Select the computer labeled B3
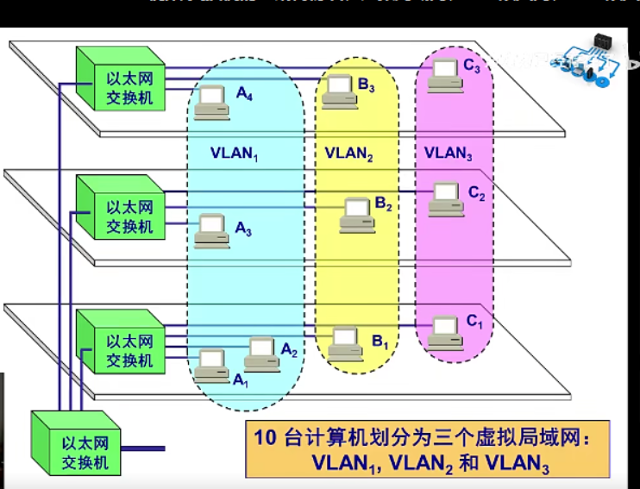(x=339, y=91)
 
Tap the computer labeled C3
(x=445, y=74)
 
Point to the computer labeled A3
(x=210, y=230)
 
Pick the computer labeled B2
(x=356, y=214)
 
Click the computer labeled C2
(x=445, y=199)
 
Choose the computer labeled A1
(x=211, y=366)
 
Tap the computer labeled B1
(x=343, y=342)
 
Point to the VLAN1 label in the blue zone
(x=235, y=154)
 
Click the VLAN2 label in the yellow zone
(x=348, y=154)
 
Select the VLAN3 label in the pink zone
(x=448, y=154)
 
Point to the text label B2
(x=384, y=205)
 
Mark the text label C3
(x=473, y=67)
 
